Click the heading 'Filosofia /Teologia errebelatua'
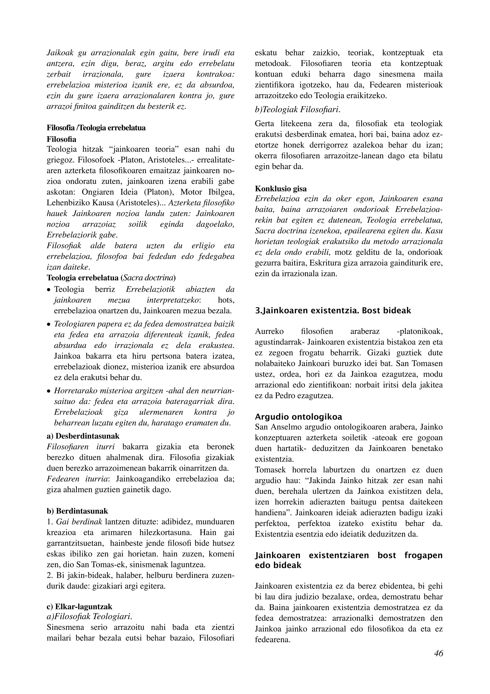point(96,128)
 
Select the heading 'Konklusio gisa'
point(281,189)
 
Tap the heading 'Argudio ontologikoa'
point(298,417)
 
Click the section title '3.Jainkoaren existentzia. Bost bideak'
point(333,310)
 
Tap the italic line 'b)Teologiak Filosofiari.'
point(297,109)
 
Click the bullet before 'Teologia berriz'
point(48,290)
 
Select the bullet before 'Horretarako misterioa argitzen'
point(48,392)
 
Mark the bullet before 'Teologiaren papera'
point(48,325)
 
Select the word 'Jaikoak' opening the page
point(60,53)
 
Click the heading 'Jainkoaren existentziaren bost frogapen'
point(348,555)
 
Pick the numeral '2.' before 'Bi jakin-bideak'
point(50,575)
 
